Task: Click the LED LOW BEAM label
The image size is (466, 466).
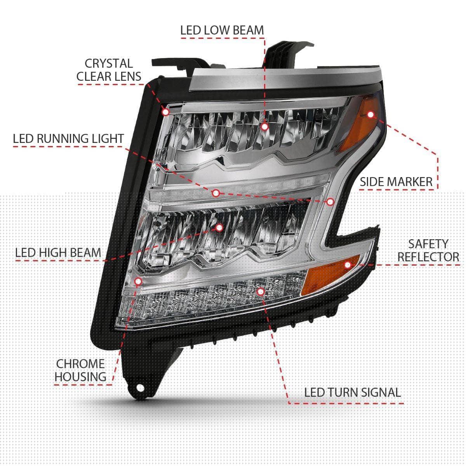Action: pos(222,30)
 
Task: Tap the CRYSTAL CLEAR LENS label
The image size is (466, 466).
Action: pos(109,70)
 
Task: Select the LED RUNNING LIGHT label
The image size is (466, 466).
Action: pos(68,139)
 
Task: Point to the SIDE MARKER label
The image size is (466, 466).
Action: pos(396,182)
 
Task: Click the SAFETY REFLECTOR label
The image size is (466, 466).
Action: pos(428,250)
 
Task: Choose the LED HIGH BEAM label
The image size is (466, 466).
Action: pos(58,253)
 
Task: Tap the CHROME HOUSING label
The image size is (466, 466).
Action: pos(80,370)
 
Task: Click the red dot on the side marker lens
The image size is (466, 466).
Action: pos(370,115)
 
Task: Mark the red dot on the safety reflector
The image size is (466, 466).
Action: pos(348,265)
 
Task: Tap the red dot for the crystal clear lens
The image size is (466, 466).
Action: pos(166,112)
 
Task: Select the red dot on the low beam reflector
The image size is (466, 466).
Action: pos(265,127)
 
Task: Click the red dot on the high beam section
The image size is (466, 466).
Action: pos(219,227)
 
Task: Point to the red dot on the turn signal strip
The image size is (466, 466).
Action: pos(261,291)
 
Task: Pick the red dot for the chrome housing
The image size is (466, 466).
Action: pos(138,281)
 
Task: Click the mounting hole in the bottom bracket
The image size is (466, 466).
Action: pos(140,395)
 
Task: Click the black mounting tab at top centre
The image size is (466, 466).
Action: pos(283,54)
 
